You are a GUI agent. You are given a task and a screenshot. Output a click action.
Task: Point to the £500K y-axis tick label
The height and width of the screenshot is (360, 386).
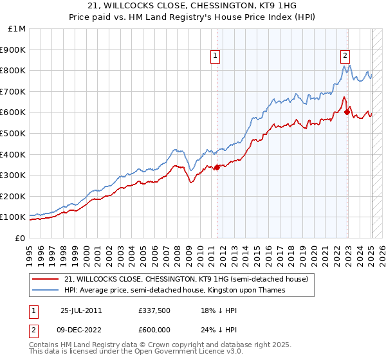click(14, 133)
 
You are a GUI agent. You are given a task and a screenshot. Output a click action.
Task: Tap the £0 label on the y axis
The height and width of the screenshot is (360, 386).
click(21, 238)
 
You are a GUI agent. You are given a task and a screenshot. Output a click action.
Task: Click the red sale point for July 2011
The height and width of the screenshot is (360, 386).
click(217, 167)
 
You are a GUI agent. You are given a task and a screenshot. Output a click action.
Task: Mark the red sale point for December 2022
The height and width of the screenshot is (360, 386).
click(347, 112)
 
